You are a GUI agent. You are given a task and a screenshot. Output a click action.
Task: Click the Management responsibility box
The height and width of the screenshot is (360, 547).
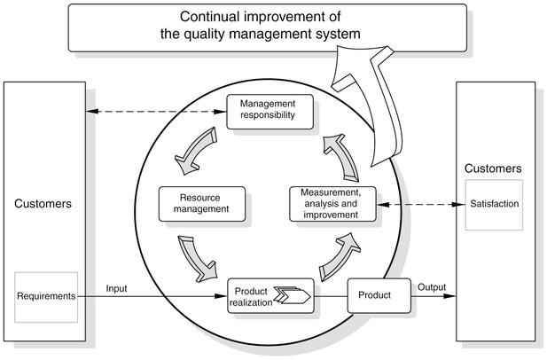(267, 109)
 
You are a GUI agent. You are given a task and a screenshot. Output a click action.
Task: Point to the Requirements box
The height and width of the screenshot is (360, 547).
(46, 295)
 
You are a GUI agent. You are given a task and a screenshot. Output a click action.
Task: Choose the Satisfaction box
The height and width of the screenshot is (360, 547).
(494, 203)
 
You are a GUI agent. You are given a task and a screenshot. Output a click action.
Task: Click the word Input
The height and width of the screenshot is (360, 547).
(118, 288)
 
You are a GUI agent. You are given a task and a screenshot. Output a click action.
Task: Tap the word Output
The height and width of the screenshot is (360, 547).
(434, 287)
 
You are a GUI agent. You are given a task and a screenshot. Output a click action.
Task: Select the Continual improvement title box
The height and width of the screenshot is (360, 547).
(267, 27)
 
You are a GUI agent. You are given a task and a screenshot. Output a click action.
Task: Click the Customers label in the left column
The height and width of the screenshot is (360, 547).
(43, 203)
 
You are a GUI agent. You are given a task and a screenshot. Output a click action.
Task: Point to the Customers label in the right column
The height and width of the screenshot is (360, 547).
(494, 168)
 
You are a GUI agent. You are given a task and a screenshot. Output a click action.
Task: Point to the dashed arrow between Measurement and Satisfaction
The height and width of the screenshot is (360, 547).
(418, 204)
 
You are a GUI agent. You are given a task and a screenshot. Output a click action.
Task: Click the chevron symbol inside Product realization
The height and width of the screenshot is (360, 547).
(293, 294)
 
